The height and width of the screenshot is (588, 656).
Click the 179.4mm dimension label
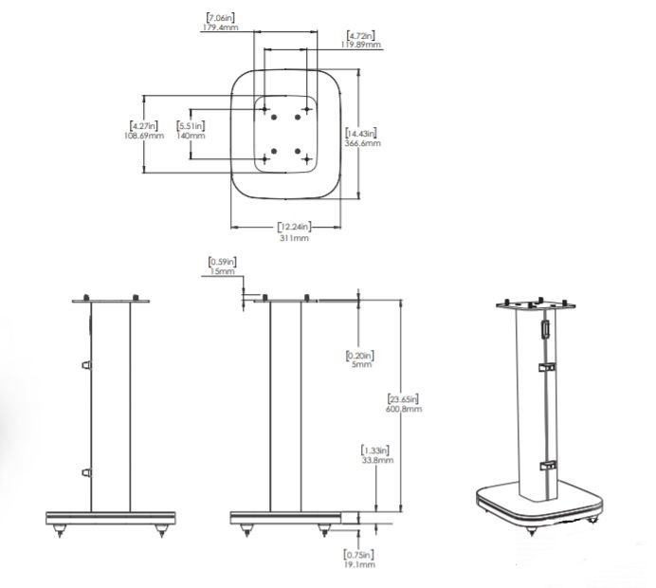[x=221, y=28]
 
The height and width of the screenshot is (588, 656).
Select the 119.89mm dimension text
[x=361, y=45]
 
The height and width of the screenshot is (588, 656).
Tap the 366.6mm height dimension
[x=362, y=143]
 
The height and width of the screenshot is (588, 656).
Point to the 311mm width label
[x=294, y=238]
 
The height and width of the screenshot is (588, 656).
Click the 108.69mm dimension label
[x=144, y=136]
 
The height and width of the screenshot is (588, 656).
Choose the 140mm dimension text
[x=191, y=136]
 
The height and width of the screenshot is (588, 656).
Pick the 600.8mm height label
[x=404, y=409]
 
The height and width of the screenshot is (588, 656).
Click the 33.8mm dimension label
[x=377, y=460]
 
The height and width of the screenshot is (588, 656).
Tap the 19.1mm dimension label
[x=359, y=564]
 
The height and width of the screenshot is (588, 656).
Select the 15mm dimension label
[x=222, y=271]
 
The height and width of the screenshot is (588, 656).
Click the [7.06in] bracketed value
[x=221, y=18]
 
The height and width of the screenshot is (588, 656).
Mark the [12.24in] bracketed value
[x=295, y=227]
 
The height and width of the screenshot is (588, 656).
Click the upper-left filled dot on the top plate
[x=274, y=118]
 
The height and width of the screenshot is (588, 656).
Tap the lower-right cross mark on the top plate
[x=307, y=159]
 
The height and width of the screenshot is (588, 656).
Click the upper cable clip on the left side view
[x=86, y=365]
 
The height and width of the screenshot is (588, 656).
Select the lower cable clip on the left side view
[x=86, y=472]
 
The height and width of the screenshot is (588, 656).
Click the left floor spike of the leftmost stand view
[x=60, y=530]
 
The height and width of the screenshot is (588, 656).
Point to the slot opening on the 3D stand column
[x=545, y=328]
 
